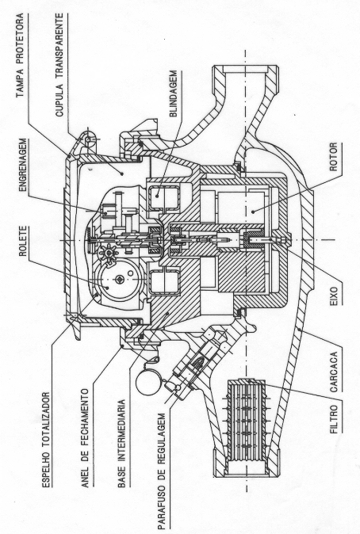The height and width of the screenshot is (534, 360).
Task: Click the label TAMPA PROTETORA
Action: [x=21, y=55]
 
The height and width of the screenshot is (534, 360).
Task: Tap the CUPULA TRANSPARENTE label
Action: [x=59, y=65]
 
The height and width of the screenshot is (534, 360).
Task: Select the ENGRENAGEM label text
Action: [x=22, y=165]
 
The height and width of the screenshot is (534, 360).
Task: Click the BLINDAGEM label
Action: [x=174, y=93]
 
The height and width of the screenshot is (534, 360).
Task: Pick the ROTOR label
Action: [x=333, y=157]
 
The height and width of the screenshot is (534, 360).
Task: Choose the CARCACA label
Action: [x=333, y=372]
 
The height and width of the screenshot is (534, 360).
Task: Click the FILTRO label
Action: [x=333, y=419]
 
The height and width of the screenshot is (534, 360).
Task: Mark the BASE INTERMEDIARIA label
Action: [x=121, y=444]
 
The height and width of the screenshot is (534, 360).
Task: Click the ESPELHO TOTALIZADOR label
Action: [x=46, y=441]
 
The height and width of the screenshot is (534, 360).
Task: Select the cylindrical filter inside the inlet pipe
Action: [x=247, y=418]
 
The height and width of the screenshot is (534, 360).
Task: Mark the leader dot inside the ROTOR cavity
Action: [x=253, y=212]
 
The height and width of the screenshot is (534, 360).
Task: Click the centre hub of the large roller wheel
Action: [x=119, y=279]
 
